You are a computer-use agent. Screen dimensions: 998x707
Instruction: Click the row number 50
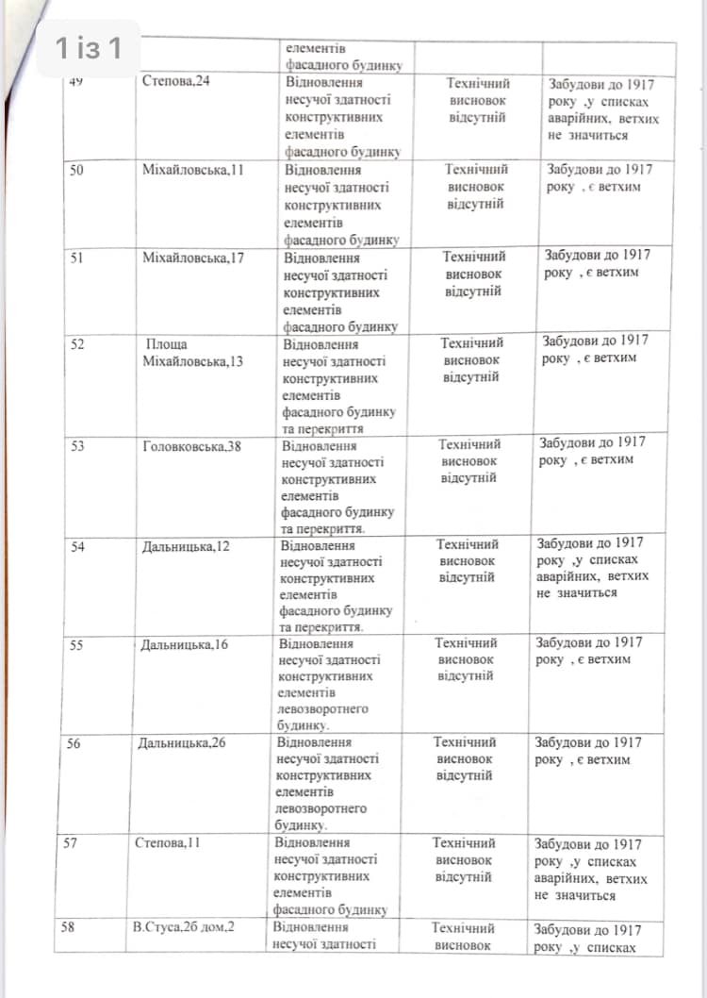tap(78, 170)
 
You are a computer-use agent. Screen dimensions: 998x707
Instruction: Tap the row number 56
tap(74, 743)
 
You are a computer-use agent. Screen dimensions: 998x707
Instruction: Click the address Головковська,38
tap(191, 446)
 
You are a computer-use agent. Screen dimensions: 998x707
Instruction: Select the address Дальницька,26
tap(183, 743)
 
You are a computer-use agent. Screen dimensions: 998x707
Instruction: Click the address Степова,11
tap(169, 843)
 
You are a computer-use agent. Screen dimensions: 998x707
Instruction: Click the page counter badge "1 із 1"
tap(88, 48)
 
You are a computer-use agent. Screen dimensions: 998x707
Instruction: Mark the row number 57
tap(71, 843)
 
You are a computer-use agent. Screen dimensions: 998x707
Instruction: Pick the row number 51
tap(77, 258)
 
